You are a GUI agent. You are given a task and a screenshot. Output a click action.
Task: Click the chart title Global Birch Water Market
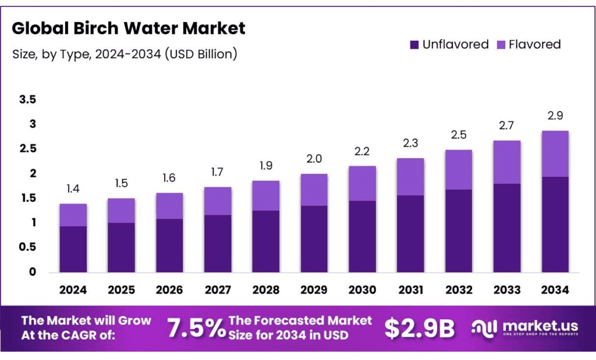coord(129,28)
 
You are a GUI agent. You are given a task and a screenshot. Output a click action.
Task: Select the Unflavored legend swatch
coord(415,45)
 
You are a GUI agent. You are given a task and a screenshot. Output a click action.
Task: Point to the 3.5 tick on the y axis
coord(27,100)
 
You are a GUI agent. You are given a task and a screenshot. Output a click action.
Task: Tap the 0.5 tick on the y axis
coord(27,247)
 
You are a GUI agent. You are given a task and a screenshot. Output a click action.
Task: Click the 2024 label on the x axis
coord(73,290)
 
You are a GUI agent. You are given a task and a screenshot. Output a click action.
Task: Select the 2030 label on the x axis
coord(361,290)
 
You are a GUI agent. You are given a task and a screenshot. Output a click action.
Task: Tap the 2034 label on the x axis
coord(554,290)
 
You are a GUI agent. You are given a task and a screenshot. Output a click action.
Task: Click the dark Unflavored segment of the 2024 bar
coord(73,249)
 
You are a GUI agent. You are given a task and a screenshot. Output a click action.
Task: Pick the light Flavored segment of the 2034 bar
coord(554,154)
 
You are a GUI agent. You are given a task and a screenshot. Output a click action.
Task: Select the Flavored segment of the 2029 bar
coord(313,190)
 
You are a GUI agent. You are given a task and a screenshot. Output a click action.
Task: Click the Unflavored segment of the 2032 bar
coord(458,230)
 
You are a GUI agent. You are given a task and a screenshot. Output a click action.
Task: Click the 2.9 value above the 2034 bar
coord(554,116)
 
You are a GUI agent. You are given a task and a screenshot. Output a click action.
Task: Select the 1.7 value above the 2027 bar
coord(217,173)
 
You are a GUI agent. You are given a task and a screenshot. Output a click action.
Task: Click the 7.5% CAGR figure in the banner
coord(196,329)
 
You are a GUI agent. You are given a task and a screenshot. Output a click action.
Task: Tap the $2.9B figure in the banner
coord(418,329)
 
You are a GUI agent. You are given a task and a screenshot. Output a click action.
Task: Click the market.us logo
coord(524,328)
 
